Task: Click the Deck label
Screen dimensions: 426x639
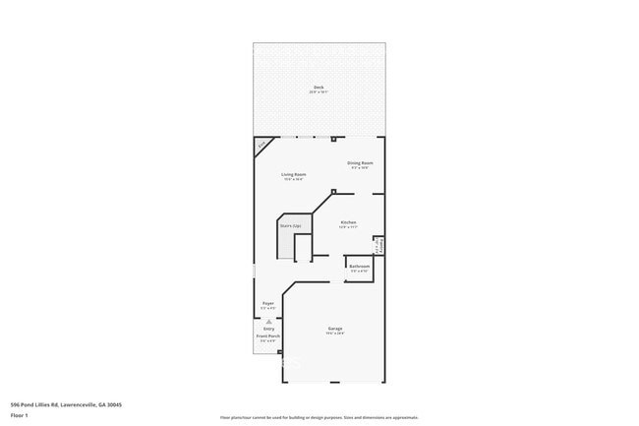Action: tap(319, 88)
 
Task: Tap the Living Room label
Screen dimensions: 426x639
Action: tap(293, 174)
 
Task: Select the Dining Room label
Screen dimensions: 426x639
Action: tap(360, 162)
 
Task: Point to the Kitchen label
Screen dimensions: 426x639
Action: tap(348, 222)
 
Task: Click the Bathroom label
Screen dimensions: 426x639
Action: tap(359, 266)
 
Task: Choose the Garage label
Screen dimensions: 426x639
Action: tap(335, 329)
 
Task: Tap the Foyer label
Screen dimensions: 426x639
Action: tap(267, 303)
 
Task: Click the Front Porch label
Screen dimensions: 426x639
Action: tap(267, 335)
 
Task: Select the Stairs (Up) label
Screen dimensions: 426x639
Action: tap(290, 226)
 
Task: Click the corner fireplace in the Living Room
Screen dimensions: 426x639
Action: tap(262, 146)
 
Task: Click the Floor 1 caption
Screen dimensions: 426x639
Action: tap(20, 415)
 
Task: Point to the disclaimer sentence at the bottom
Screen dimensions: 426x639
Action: tap(319, 417)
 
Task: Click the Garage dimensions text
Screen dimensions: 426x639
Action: tap(335, 334)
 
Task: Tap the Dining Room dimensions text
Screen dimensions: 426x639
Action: tap(360, 167)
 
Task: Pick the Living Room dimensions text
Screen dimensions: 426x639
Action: tap(293, 179)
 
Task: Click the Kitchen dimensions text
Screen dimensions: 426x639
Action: tap(348, 227)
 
